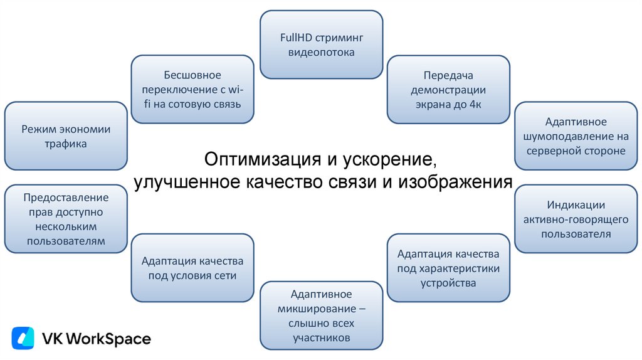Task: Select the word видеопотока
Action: click(322, 52)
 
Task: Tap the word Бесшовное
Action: click(192, 75)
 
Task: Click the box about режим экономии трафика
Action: click(66, 136)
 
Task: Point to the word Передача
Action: click(448, 75)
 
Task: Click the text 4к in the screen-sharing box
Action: click(475, 103)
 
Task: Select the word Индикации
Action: click(576, 205)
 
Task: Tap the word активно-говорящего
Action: click(576, 220)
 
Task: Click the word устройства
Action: click(448, 283)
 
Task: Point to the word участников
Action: click(321, 338)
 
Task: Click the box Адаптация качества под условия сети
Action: click(192, 268)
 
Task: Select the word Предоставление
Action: click(66, 198)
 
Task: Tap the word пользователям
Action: click(66, 241)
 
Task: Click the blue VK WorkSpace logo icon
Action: click(23, 339)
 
